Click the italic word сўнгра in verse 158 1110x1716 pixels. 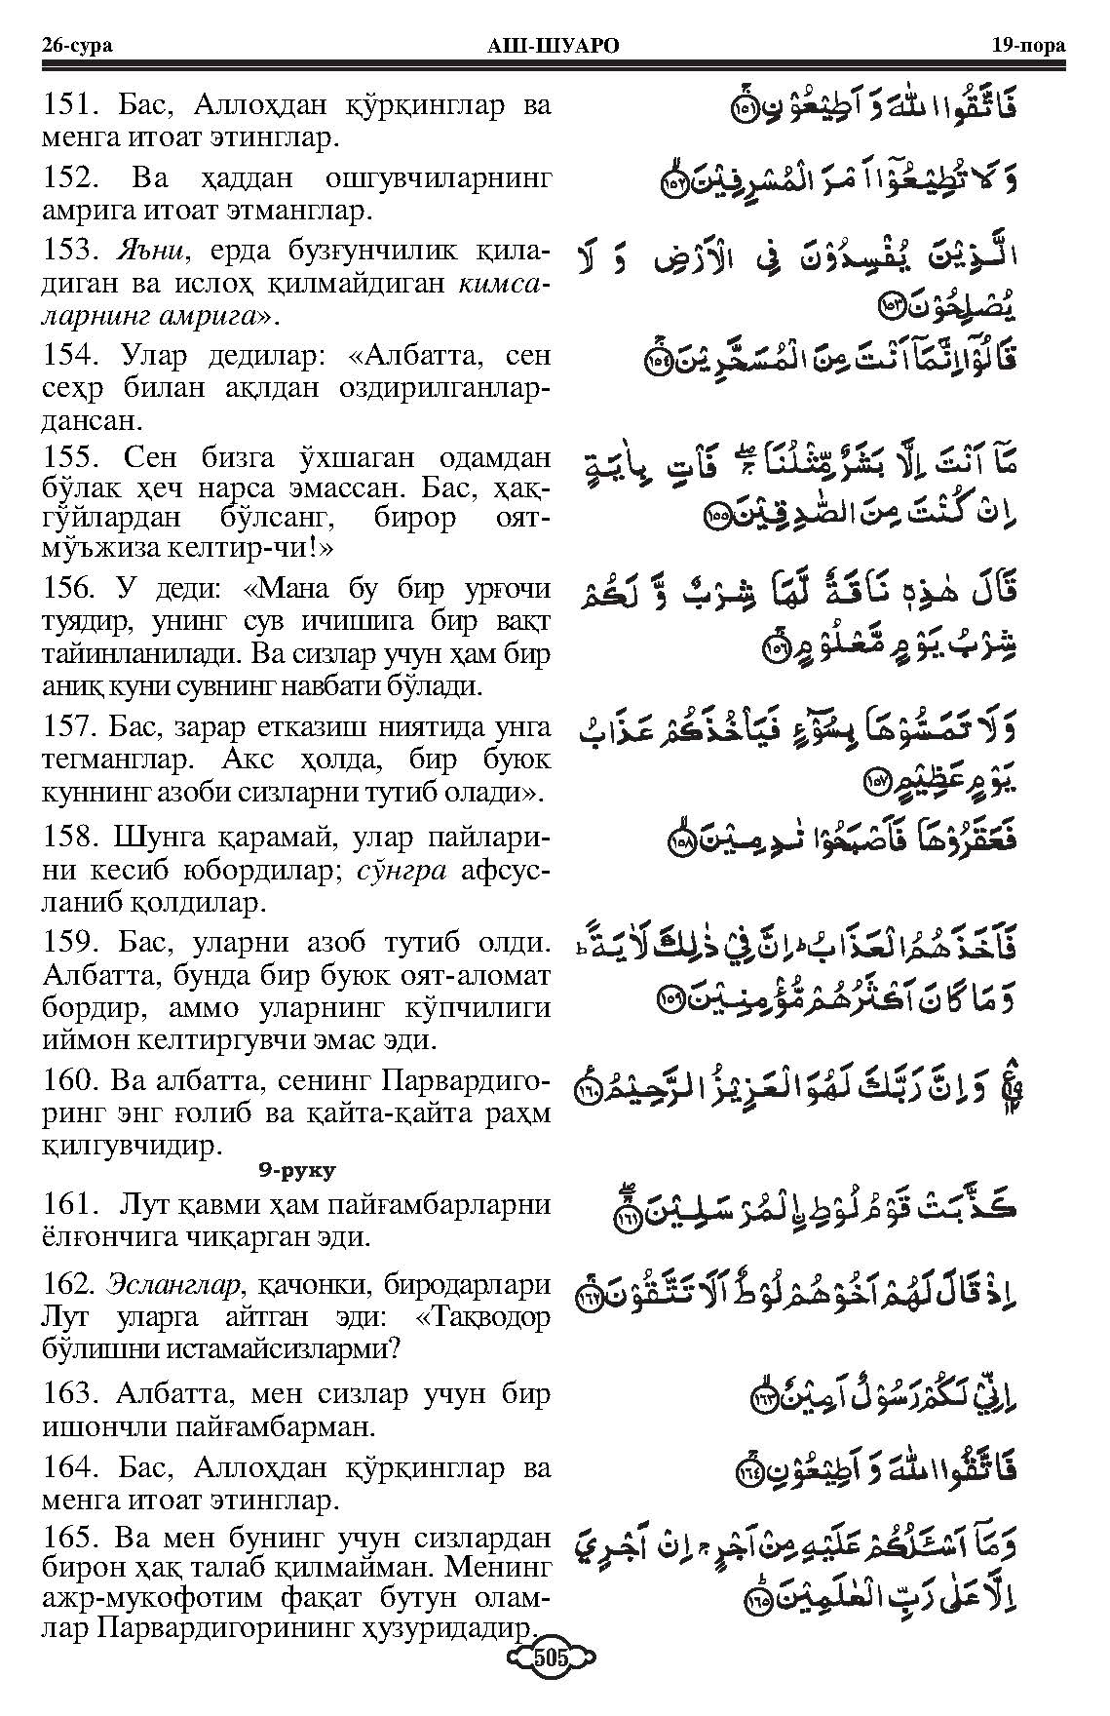[x=398, y=870]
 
